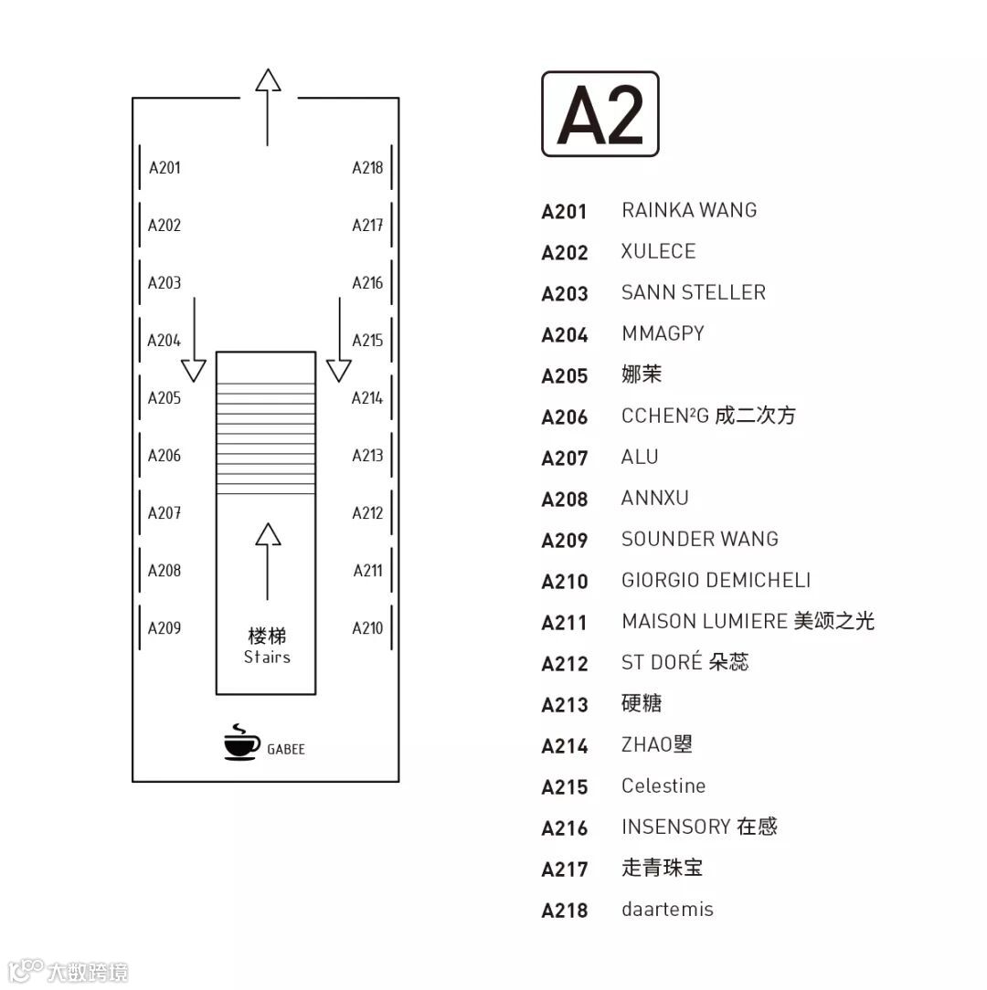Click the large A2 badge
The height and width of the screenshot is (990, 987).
coord(600,114)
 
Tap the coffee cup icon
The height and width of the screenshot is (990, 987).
coord(241,743)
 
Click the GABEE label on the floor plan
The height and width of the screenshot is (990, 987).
coord(286,749)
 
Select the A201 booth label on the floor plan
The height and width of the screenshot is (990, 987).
coord(164,167)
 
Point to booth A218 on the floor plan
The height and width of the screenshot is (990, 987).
coord(367,167)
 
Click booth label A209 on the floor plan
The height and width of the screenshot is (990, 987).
coord(164,627)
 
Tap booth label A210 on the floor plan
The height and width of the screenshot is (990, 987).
coord(367,627)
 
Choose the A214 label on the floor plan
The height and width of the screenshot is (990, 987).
coord(367,397)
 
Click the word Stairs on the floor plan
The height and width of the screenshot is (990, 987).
coord(267,657)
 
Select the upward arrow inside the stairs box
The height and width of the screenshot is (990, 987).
coord(267,560)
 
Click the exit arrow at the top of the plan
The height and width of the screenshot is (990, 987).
coord(267,106)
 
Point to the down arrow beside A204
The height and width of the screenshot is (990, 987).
coord(194,339)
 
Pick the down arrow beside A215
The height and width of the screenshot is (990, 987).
coord(339,339)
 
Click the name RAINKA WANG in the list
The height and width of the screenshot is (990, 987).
coord(689,210)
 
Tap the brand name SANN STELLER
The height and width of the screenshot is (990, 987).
coord(693,292)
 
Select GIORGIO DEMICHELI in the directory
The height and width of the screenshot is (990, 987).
coord(716,580)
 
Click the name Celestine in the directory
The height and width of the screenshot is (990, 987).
coord(663,785)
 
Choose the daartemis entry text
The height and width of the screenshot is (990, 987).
coord(667,909)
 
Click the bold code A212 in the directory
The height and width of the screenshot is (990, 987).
coord(565,663)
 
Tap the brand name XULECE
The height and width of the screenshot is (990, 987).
coord(658,251)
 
